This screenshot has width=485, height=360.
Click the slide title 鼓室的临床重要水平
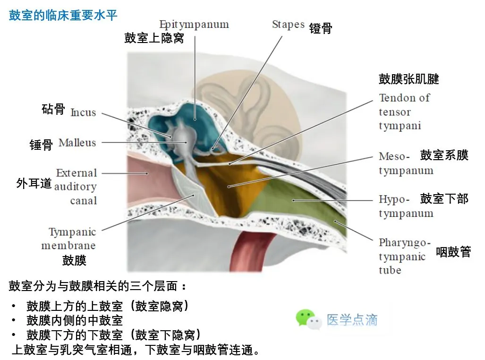click(63, 15)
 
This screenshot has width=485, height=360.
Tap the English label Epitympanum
click(194, 25)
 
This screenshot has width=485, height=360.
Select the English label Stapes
click(288, 25)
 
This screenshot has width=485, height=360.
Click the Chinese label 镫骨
click(321, 28)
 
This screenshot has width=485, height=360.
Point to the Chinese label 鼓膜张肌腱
click(408, 79)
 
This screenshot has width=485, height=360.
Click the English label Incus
click(83, 112)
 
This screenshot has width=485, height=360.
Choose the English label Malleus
click(77, 143)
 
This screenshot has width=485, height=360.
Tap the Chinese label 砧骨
click(53, 110)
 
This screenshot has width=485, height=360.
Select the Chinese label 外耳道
click(34, 183)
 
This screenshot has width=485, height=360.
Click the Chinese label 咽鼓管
click(453, 252)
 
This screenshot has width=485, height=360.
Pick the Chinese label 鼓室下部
click(444, 199)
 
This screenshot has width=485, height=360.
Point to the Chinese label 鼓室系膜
click(444, 155)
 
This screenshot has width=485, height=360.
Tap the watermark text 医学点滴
click(352, 320)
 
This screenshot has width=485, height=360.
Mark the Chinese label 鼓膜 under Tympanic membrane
click(74, 260)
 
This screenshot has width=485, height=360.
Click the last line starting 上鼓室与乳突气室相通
click(135, 350)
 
